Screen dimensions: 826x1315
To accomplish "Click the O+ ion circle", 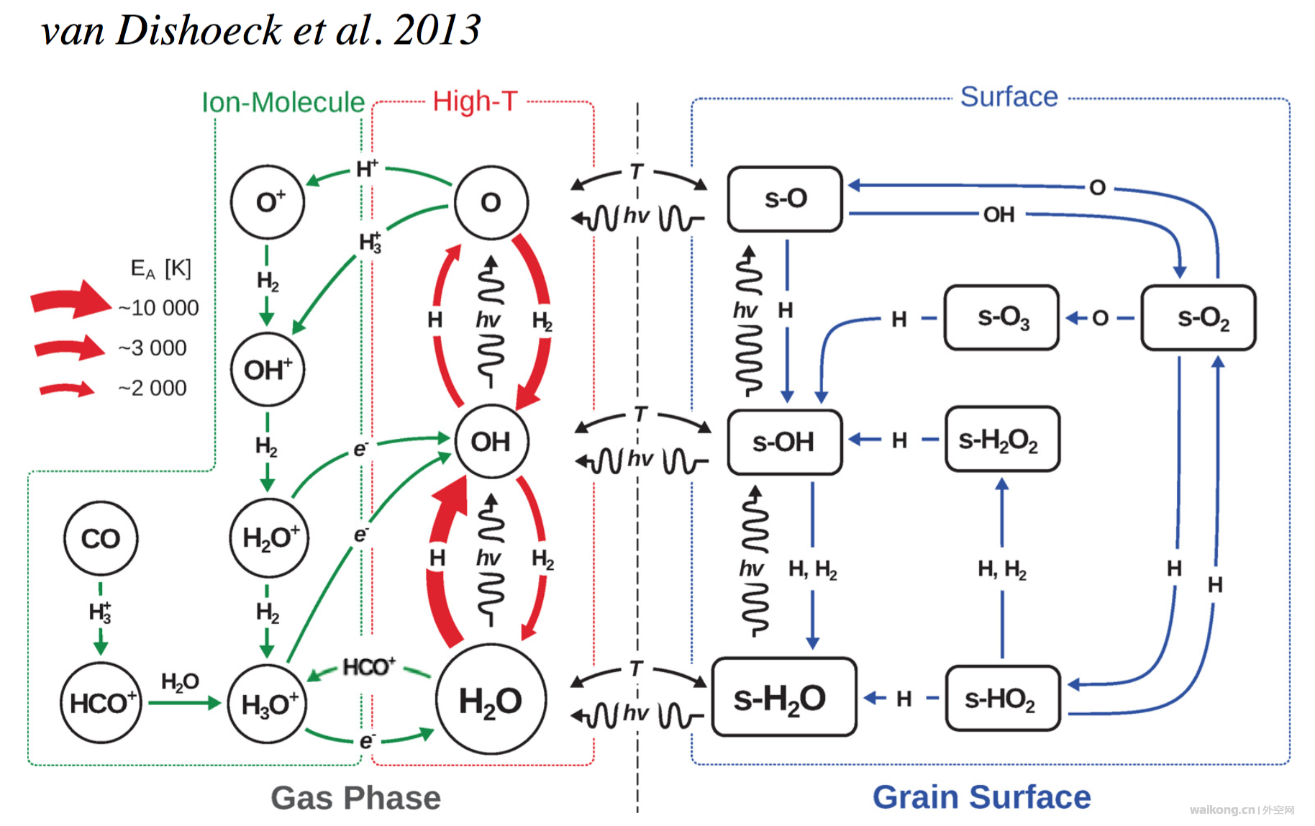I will (x=268, y=202).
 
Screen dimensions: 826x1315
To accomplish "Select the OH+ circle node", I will (x=268, y=370).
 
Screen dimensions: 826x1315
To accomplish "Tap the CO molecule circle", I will (x=101, y=538).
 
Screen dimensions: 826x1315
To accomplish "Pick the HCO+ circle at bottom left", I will (x=101, y=703).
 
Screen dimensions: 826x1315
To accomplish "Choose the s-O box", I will (x=785, y=199).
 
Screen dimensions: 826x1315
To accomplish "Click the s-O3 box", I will (x=1001, y=317).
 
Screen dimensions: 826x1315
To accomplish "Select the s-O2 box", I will (x=1198, y=317).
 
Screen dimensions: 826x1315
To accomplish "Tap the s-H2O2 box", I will (x=1001, y=439).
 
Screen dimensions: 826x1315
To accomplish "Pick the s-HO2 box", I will (x=1001, y=698).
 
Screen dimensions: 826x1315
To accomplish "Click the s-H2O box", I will (x=784, y=697).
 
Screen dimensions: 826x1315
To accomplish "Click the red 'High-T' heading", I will (x=475, y=101).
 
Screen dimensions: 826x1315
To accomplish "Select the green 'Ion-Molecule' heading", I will (x=283, y=102).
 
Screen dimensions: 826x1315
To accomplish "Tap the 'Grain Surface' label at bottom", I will (x=981, y=796).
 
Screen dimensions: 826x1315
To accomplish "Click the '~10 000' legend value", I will (x=158, y=308).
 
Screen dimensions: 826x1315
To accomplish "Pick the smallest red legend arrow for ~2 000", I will (x=66, y=389).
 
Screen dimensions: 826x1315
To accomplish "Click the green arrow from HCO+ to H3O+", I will (x=184, y=703).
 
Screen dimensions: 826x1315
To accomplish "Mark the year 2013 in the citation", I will (x=437, y=30).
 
